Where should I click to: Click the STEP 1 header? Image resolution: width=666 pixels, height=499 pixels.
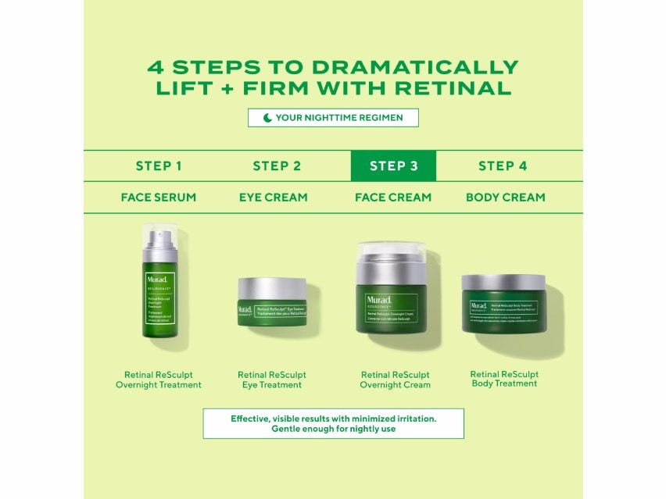tap(159, 166)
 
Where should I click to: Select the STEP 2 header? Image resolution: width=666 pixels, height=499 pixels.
tap(277, 166)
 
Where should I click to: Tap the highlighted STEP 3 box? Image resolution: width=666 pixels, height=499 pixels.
tap(393, 166)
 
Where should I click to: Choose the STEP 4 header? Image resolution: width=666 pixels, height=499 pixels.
tap(503, 166)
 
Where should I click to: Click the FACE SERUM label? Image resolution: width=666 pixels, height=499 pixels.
tap(158, 198)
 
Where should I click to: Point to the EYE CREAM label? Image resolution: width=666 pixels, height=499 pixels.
tap(273, 198)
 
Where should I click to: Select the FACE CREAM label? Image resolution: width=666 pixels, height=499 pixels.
tap(393, 198)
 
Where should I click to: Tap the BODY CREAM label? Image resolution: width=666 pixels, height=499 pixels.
tap(505, 198)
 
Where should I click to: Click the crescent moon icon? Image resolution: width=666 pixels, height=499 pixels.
tap(267, 118)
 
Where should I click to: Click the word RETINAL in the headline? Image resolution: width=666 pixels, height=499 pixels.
tap(454, 87)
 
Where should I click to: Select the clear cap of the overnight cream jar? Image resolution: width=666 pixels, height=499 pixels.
tap(392, 254)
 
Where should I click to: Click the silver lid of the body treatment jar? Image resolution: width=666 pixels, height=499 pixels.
tap(503, 282)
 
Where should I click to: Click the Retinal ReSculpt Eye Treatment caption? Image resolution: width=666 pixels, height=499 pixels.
tap(272, 380)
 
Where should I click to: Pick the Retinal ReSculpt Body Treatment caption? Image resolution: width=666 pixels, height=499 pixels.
tap(504, 379)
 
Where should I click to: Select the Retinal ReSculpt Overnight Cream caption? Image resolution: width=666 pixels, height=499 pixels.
tap(395, 380)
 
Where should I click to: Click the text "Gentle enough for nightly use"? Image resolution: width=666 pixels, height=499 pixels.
tap(333, 429)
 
